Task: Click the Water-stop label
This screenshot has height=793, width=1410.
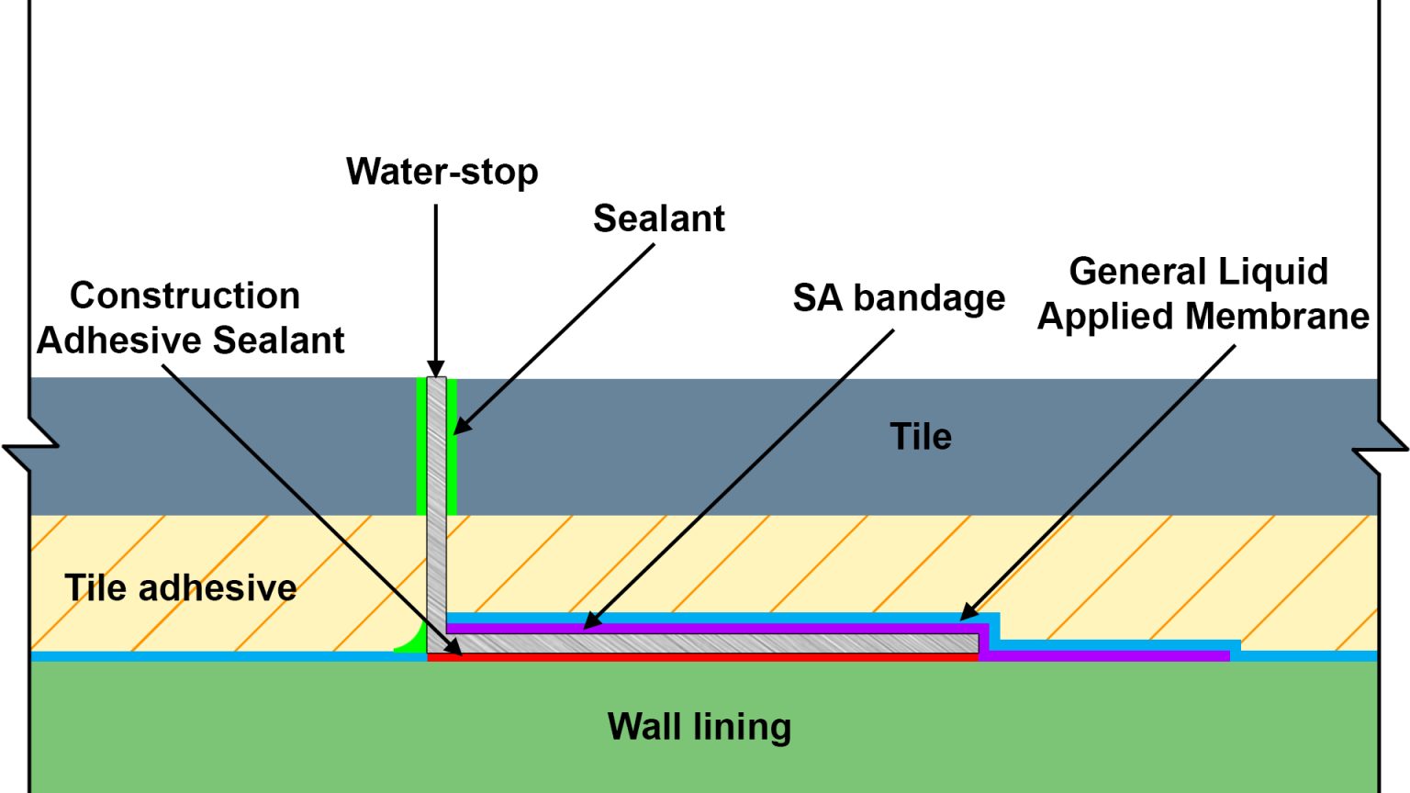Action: point(442,172)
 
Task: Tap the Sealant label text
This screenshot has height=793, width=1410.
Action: point(658,218)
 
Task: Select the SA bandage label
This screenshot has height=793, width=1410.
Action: point(899,298)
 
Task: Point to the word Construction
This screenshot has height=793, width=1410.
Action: point(185,296)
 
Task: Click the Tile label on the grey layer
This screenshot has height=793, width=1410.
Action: point(920,437)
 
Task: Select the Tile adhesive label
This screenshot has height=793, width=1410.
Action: point(180,587)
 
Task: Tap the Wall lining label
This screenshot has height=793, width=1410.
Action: point(699,726)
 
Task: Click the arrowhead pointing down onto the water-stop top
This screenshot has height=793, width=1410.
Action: point(436,369)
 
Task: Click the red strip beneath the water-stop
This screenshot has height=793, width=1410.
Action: point(698,657)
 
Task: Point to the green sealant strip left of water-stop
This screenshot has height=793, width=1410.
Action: point(421,445)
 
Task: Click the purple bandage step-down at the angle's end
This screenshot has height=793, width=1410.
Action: point(985,642)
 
